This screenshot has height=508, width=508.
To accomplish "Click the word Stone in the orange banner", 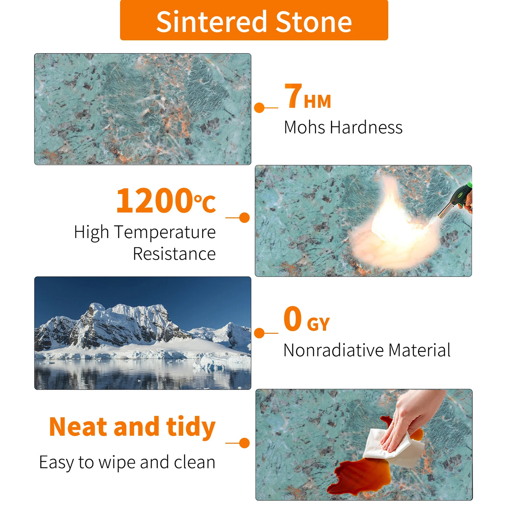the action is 314,22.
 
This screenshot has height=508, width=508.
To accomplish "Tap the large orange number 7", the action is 293,95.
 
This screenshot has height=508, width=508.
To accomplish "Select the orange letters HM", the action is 317,101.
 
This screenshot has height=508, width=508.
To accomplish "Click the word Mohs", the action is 305,127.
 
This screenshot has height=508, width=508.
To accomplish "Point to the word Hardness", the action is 366,127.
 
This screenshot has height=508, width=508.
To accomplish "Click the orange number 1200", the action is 154,200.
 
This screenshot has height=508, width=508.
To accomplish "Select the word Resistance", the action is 174,254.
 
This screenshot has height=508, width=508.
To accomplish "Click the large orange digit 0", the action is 292,319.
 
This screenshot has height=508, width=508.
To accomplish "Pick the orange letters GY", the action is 319,324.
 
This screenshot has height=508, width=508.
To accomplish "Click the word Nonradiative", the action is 333,351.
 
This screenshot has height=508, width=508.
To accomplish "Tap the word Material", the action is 419,351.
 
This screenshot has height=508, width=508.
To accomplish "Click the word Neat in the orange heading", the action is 78,427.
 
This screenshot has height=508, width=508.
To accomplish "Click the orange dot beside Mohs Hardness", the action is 259,108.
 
